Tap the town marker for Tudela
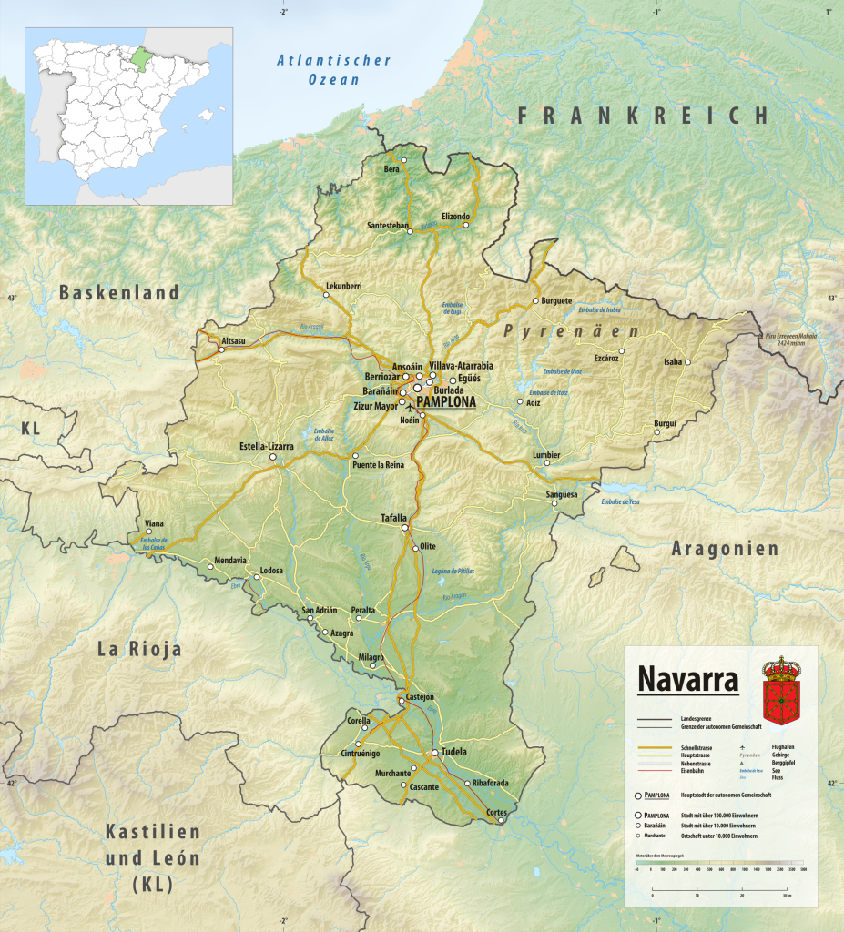coord(433,754)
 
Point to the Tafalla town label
coord(394,518)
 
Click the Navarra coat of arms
coord(779,691)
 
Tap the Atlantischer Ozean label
coord(333,70)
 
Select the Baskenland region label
coord(119,292)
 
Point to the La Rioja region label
coord(139,649)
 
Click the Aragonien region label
coord(725,548)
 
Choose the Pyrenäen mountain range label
coord(571,330)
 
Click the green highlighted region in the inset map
coord(138,56)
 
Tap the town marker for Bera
coord(404,160)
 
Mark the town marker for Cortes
coord(500,821)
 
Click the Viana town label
coord(155,523)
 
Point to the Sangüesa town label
coord(563,494)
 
